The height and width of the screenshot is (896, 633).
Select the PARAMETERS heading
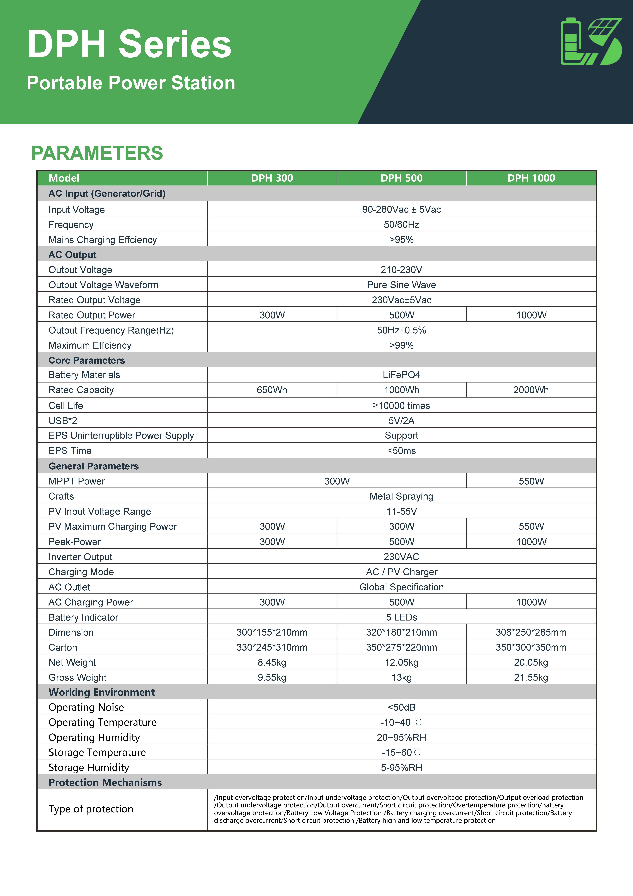pyautogui.click(x=97, y=153)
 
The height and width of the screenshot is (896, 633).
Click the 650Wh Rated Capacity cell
pyautogui.click(x=272, y=390)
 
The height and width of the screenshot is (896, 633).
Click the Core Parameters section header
pyautogui.click(x=87, y=360)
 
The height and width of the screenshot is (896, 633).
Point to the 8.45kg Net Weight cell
pyautogui.click(x=272, y=662)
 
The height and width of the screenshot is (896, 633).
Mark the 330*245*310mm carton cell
pyautogui.click(x=272, y=647)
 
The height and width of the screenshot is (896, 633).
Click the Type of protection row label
pyautogui.click(x=91, y=809)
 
